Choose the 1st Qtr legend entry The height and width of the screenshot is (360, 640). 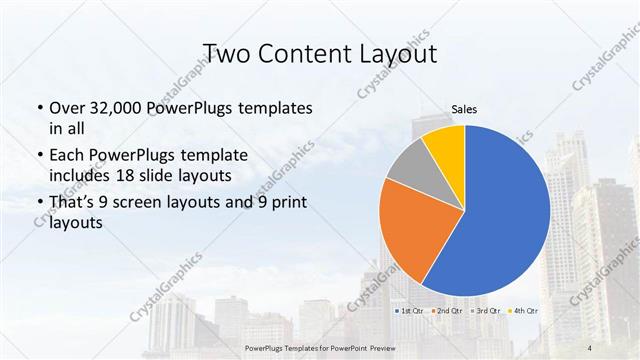(x=410, y=311)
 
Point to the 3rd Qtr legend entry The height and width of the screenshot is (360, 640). (x=488, y=311)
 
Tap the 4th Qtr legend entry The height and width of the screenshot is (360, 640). (x=527, y=311)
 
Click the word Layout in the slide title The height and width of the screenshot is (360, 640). (x=397, y=53)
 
